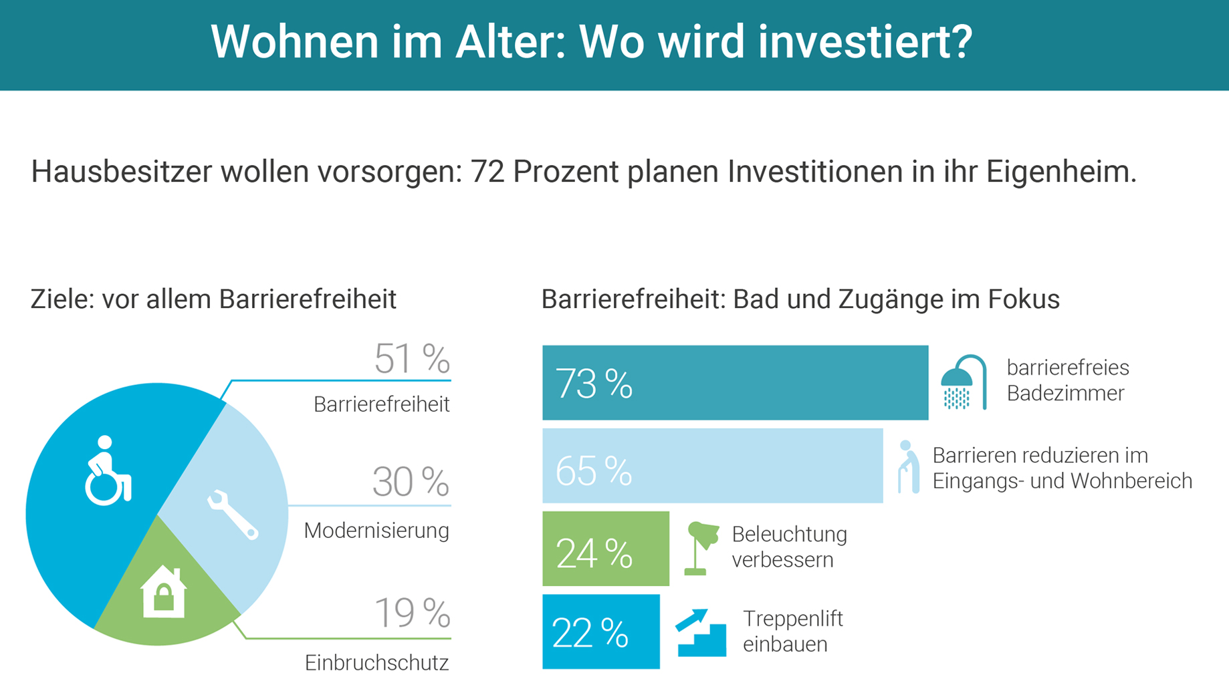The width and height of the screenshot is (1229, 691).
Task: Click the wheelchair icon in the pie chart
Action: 108,470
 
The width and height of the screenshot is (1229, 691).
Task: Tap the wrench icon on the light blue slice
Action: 233,514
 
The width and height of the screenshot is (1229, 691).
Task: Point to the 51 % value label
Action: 412,359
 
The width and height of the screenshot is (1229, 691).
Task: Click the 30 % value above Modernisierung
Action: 411,482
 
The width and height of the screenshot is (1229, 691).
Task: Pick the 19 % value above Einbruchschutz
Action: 412,612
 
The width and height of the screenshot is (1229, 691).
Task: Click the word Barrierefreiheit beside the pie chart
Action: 381,404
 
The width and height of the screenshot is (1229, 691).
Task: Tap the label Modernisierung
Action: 376,531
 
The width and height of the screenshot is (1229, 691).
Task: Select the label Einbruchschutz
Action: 376,663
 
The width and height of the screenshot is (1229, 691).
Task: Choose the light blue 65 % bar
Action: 712,466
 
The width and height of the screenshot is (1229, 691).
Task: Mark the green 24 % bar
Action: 605,549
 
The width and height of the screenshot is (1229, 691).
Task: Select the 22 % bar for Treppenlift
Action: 600,632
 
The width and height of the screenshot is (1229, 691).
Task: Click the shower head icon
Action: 964,382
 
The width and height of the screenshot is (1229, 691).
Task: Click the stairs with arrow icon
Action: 701,632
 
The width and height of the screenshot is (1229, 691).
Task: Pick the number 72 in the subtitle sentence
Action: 487,172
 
